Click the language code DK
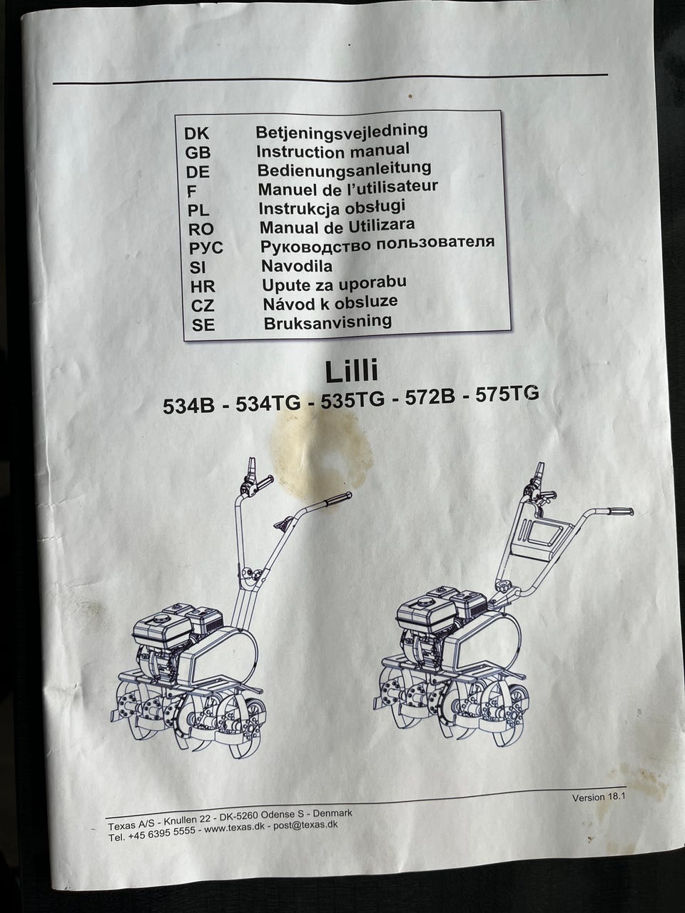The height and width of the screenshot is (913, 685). (197, 133)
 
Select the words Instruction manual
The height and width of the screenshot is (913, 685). (333, 151)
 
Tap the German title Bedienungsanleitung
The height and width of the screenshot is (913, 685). (344, 169)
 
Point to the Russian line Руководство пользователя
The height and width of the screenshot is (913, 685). (377, 245)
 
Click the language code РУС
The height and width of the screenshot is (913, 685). (206, 248)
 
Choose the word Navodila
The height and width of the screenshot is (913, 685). (297, 266)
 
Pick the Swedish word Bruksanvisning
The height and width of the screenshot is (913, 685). (328, 322)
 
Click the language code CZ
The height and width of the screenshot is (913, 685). (203, 306)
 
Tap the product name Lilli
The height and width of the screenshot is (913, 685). (352, 371)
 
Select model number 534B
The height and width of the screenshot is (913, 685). (188, 406)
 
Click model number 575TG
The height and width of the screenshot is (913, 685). (507, 394)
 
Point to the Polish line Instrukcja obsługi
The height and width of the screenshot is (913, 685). (332, 208)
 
